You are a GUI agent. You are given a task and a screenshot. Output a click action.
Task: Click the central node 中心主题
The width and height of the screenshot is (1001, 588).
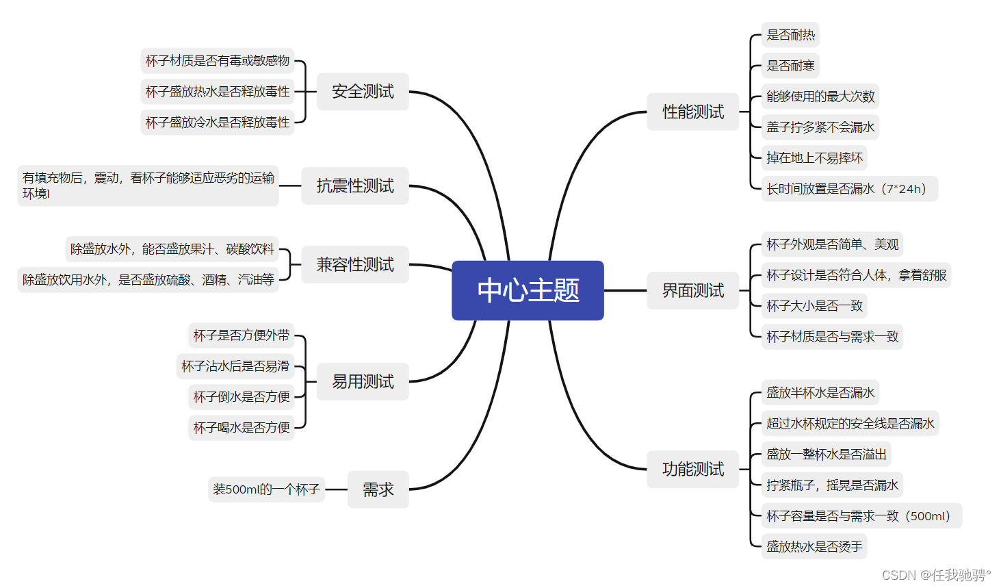coord(528,290)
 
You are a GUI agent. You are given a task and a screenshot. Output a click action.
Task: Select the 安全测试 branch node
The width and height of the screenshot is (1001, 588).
coord(363,92)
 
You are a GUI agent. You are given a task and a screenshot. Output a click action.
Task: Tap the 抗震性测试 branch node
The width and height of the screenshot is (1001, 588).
coord(355,186)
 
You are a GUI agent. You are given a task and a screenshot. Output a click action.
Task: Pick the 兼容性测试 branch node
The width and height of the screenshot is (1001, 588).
coord(355,264)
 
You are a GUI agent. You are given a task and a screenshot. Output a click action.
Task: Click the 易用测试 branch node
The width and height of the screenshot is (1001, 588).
coord(363,381)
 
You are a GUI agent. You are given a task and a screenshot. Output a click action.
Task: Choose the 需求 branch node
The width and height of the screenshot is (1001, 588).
coord(378,489)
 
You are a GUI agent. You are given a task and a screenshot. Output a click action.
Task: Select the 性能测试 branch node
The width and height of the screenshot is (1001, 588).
coord(693,112)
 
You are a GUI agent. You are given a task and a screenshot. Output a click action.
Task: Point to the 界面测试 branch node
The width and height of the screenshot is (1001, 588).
coord(693,290)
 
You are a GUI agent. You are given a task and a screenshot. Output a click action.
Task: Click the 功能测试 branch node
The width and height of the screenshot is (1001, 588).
coord(693,469)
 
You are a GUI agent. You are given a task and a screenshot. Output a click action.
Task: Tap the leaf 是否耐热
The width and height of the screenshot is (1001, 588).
coord(790,35)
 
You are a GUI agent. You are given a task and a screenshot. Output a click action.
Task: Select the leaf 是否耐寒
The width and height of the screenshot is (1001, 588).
coord(790,66)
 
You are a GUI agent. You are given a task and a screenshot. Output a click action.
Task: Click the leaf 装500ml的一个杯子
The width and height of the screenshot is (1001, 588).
coord(266,489)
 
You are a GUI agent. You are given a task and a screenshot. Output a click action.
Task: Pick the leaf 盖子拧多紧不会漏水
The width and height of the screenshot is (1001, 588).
coord(820,127)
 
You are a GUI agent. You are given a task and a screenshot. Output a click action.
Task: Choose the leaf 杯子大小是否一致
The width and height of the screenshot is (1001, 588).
coord(814,306)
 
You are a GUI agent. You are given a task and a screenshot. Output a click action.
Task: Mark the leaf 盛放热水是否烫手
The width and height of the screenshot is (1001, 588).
coord(814,546)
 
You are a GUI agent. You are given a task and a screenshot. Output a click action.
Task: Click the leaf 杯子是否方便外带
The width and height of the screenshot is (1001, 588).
coord(242,335)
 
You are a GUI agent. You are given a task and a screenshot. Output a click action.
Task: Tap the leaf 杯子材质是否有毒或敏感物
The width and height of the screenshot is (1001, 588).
coord(218,61)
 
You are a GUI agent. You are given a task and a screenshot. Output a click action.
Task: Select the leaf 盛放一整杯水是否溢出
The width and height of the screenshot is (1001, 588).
coord(827,455)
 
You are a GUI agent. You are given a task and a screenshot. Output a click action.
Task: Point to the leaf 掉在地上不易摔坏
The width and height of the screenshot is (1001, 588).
coord(814,158)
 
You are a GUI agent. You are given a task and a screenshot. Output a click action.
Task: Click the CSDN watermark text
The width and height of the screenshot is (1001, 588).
coord(936,575)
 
